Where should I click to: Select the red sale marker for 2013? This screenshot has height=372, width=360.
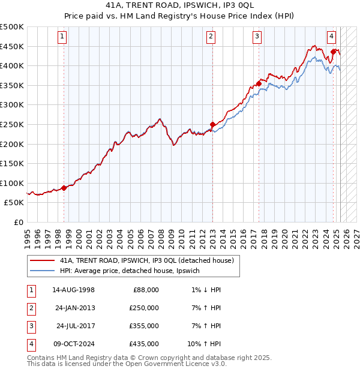point(212,124)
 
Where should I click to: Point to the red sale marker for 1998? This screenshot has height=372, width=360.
point(64,188)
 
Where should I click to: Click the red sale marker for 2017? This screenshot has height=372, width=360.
point(259,83)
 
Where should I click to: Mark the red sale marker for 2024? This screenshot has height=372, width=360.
point(333,52)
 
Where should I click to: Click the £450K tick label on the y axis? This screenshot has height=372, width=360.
point(12,46)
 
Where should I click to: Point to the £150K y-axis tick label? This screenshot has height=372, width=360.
point(12,163)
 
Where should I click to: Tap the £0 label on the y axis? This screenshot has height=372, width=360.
point(19,222)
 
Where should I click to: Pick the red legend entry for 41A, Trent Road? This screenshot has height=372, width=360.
point(150,260)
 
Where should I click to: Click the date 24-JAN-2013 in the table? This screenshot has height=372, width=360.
point(74,308)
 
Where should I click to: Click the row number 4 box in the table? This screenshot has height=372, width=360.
point(31,344)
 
